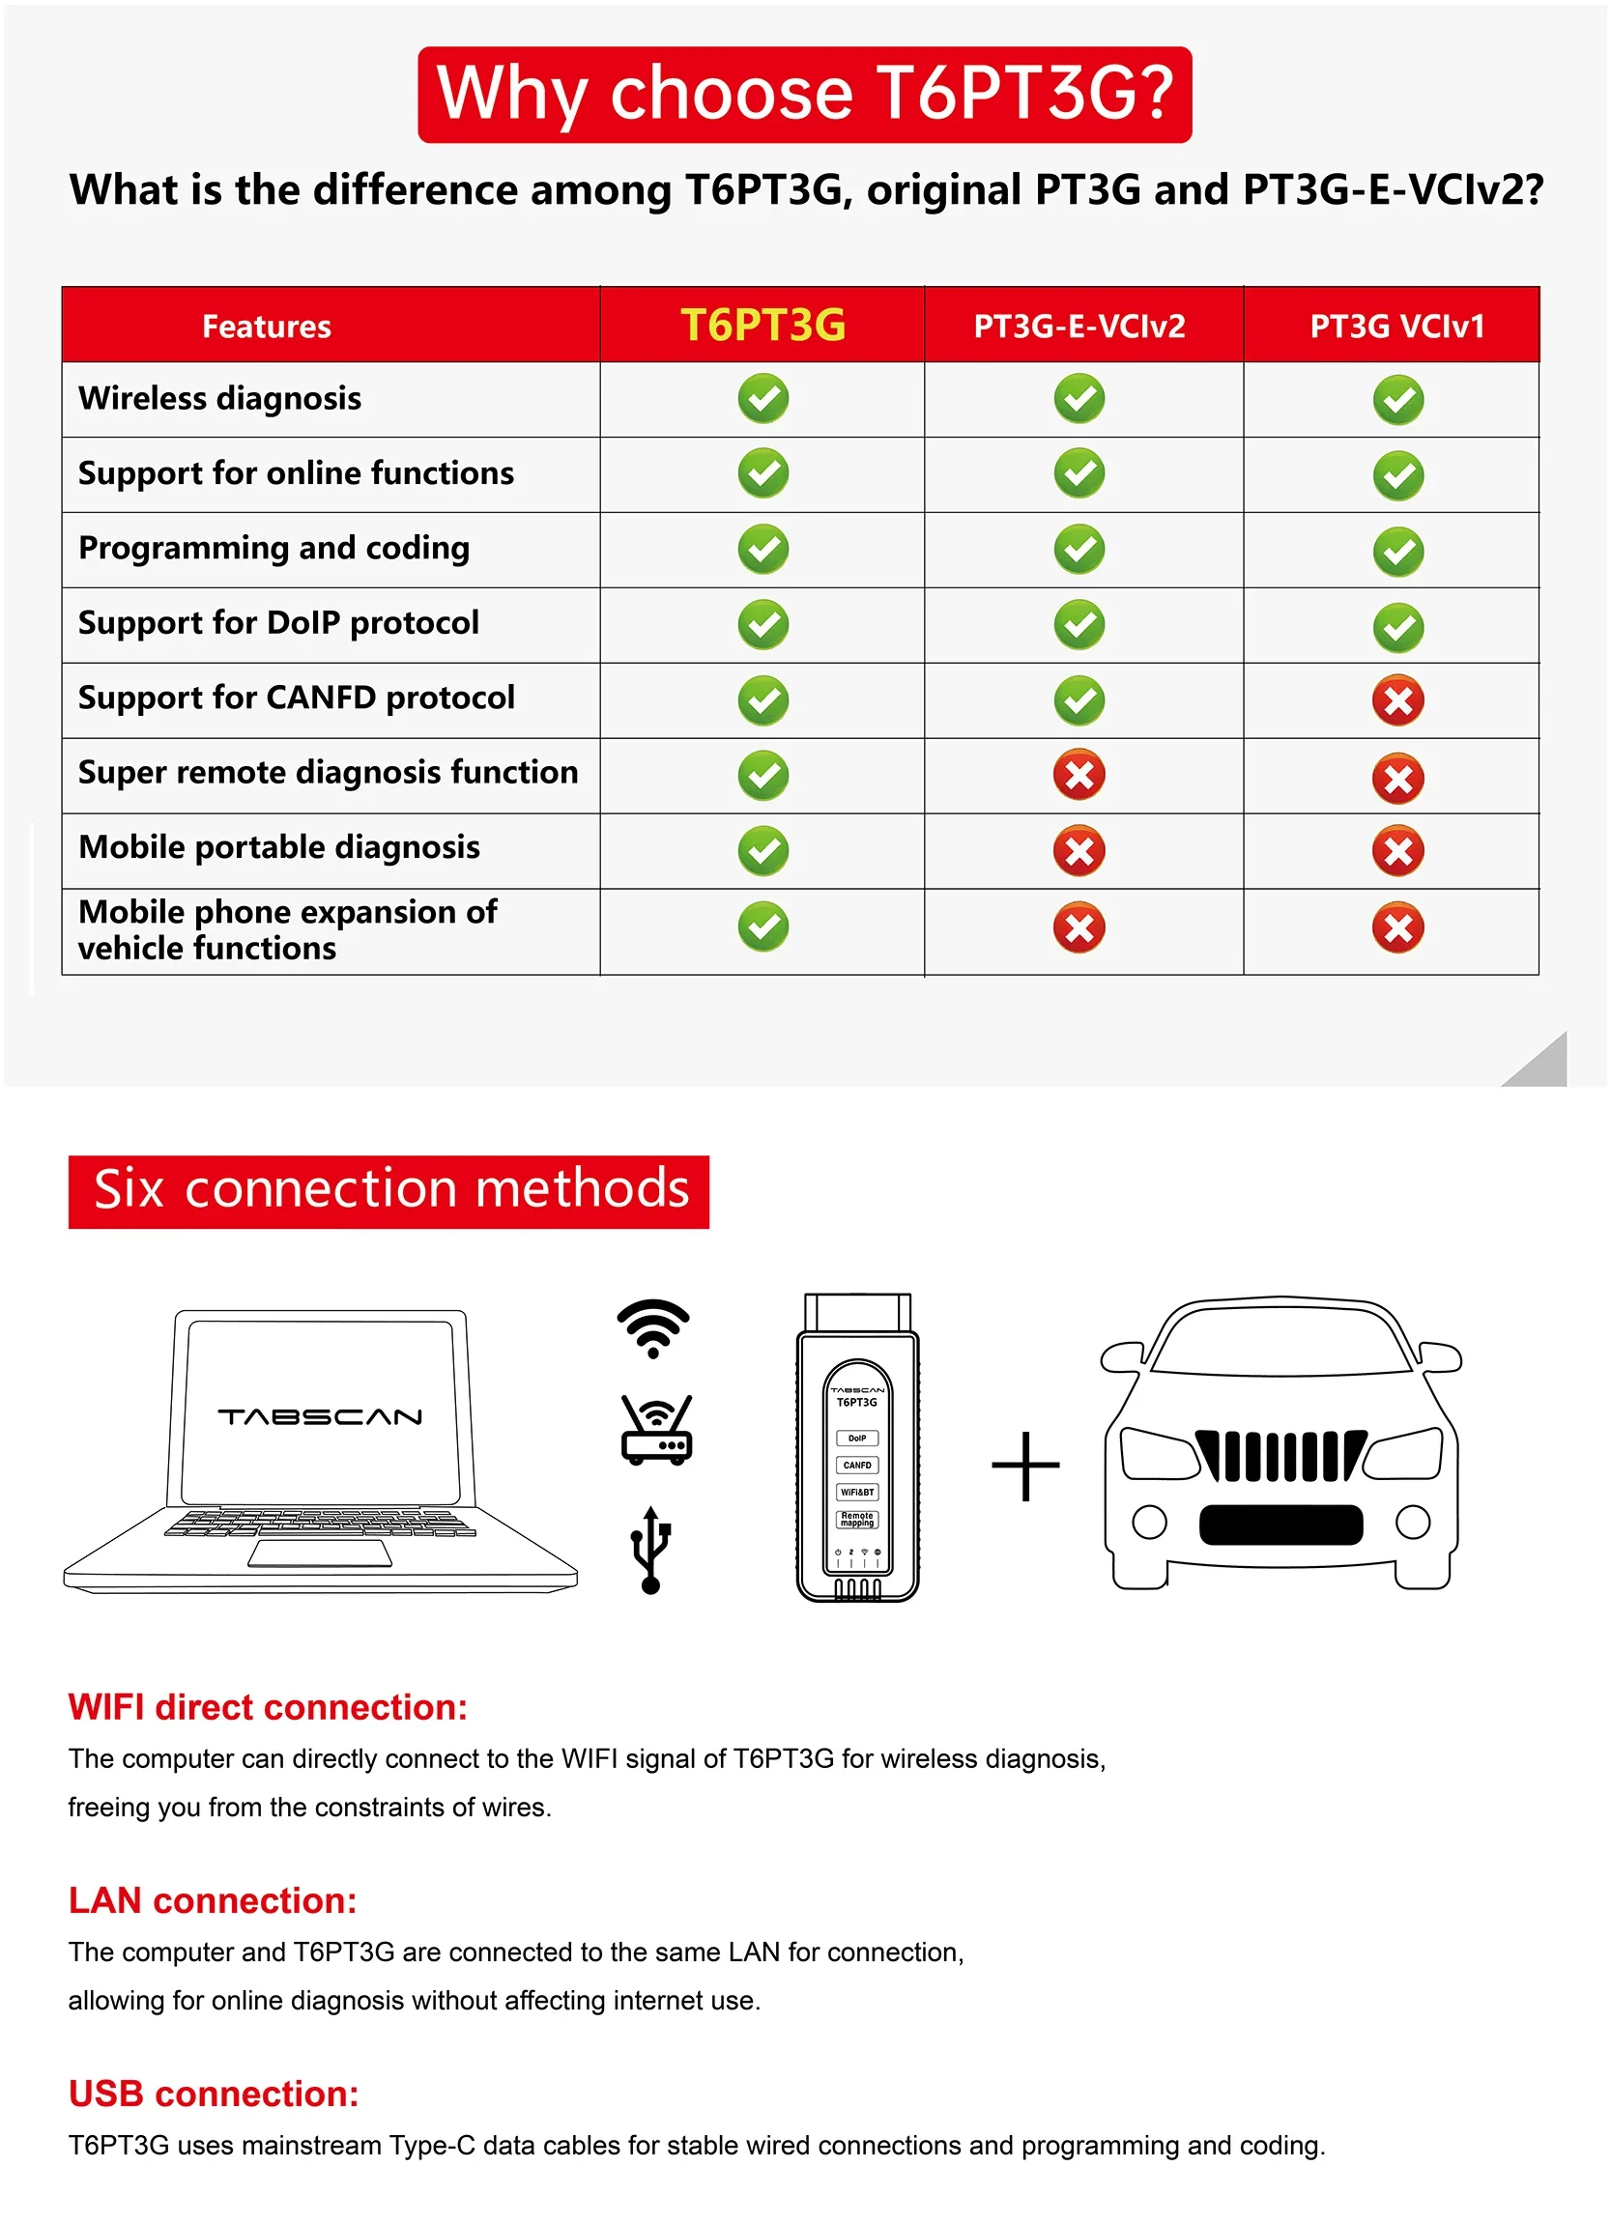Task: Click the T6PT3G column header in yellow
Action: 762,325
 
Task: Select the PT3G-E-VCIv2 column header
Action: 1079,326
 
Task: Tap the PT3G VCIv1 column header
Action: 1396,326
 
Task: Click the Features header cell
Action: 266,327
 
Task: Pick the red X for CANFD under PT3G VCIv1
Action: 1397,699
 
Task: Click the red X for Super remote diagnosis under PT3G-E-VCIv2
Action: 1079,776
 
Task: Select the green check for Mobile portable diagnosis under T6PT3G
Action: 762,850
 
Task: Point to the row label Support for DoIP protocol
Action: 278,622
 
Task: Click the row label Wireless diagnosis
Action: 219,398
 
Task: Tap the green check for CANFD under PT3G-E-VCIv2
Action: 1079,699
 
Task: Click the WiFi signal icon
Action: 653,1328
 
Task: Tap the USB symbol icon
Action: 650,1550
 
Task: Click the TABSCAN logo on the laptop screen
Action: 320,1416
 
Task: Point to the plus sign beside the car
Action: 1024,1466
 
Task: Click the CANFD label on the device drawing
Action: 857,1465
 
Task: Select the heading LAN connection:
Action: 213,1900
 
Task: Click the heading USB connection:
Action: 214,2094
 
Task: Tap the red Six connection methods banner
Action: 388,1191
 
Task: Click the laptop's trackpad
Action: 320,1553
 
